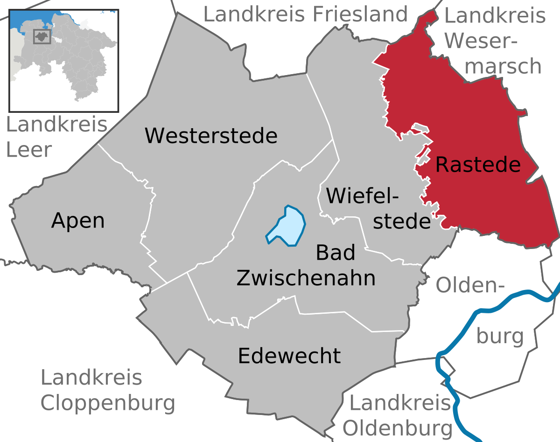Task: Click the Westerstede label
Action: pos(211,136)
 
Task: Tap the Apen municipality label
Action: pos(78,221)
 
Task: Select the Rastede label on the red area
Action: pos(478,165)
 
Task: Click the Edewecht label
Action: pos(289,356)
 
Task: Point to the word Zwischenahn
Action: pos(306,278)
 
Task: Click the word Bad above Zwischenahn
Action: pos(336,253)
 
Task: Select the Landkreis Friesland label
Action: pos(306,14)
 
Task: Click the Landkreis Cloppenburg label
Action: pos(108,390)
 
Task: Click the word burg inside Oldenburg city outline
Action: pos(500,336)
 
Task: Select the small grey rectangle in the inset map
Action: pos(42,36)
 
